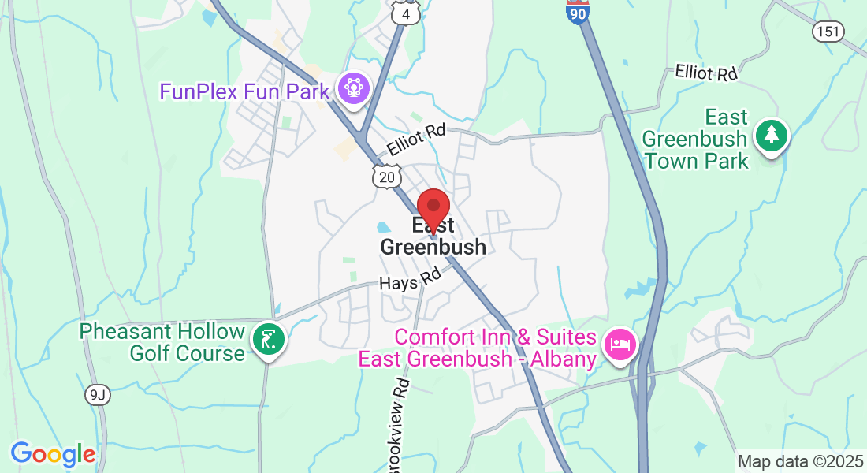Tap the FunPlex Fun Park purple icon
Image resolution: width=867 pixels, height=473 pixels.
point(353,87)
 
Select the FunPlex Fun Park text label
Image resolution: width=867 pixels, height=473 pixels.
point(244,91)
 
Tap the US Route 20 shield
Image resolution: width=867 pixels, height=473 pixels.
point(387,177)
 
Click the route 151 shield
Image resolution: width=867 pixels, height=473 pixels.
point(828,31)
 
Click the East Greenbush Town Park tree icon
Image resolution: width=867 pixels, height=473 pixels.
point(772,136)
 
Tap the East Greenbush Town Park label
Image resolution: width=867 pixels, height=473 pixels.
point(695,140)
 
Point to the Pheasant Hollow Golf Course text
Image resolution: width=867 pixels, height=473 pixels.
point(162,342)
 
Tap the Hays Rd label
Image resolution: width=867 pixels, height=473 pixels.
point(409,280)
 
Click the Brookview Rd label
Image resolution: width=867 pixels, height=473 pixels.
point(401,426)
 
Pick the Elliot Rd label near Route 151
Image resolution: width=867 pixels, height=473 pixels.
point(705,73)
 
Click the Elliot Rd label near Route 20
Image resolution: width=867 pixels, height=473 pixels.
point(415,141)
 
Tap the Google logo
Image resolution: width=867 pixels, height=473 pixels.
point(53,454)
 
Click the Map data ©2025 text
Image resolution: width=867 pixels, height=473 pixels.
point(800,461)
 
